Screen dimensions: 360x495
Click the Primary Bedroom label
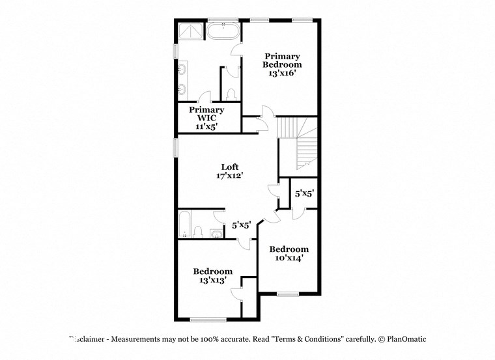click(282, 61)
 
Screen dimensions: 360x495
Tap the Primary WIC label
click(206, 115)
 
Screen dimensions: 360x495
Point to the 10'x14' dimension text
click(289, 258)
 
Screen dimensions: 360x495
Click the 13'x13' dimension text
click(212, 281)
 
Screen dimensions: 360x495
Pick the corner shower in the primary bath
click(191, 31)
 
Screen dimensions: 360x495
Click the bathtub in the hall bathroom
click(184, 225)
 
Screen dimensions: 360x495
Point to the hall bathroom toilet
click(198, 232)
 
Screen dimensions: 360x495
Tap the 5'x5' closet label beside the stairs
click(304, 193)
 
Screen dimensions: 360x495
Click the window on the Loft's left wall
click(175, 146)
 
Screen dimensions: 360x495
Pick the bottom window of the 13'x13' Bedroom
click(208, 319)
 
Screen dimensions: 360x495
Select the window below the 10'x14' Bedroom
click(287, 294)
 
